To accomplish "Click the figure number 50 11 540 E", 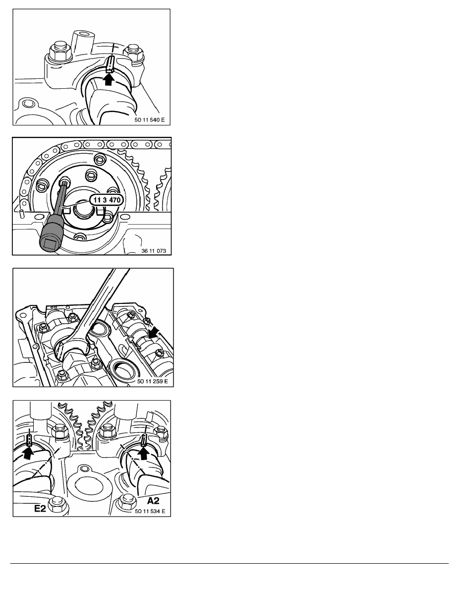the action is (149, 120).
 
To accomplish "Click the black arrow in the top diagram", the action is (109, 79).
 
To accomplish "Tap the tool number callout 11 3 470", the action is (107, 200).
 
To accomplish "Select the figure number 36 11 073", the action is (154, 250).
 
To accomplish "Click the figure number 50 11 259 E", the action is (153, 381).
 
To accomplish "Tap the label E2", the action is (40, 508).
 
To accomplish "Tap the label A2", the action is (153, 500).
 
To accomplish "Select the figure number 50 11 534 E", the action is (150, 511).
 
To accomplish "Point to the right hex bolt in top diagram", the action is (134, 53).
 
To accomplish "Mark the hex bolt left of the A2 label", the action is (126, 502).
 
